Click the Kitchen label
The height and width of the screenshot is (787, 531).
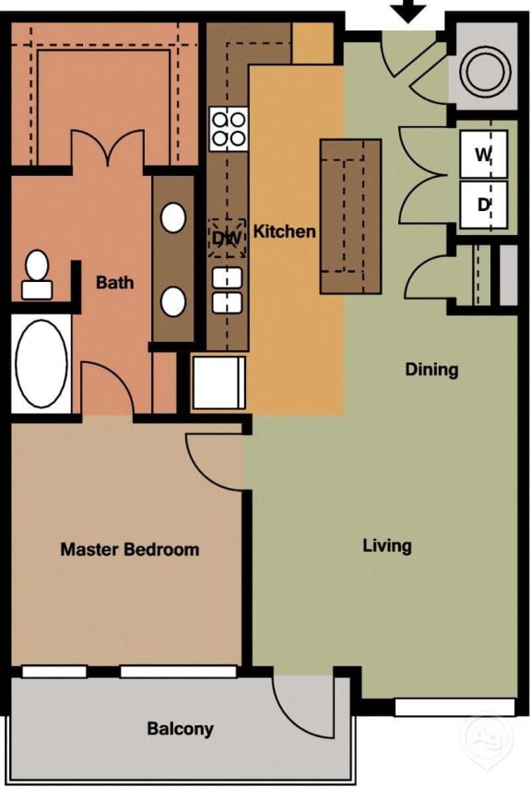coord(284,231)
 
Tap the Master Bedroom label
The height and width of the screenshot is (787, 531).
coord(129,550)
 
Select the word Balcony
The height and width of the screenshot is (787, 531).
coord(180,729)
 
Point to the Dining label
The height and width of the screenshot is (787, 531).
coord(431,370)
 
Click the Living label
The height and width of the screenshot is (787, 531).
coord(386,546)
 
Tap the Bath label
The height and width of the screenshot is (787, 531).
coord(114,282)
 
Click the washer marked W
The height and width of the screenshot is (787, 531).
coord(483,156)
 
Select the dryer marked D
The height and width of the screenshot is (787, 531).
coord(483,205)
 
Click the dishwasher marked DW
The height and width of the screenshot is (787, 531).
coord(226,237)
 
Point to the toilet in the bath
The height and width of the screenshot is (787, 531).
coord(37,275)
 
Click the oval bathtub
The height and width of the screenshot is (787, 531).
coord(41,363)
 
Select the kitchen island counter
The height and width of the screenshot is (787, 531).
coord(350,217)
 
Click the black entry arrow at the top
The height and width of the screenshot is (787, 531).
coord(409,11)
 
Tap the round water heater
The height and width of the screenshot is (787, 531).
coord(483,67)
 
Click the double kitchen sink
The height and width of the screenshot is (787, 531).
coord(227,289)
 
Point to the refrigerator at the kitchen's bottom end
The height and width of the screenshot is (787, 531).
coord(218,382)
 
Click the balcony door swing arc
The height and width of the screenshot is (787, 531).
coord(304,708)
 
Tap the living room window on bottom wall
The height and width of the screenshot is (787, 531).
coord(454,707)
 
